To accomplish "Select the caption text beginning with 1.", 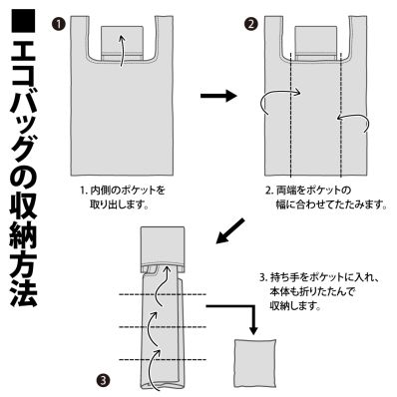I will (x=119, y=196).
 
